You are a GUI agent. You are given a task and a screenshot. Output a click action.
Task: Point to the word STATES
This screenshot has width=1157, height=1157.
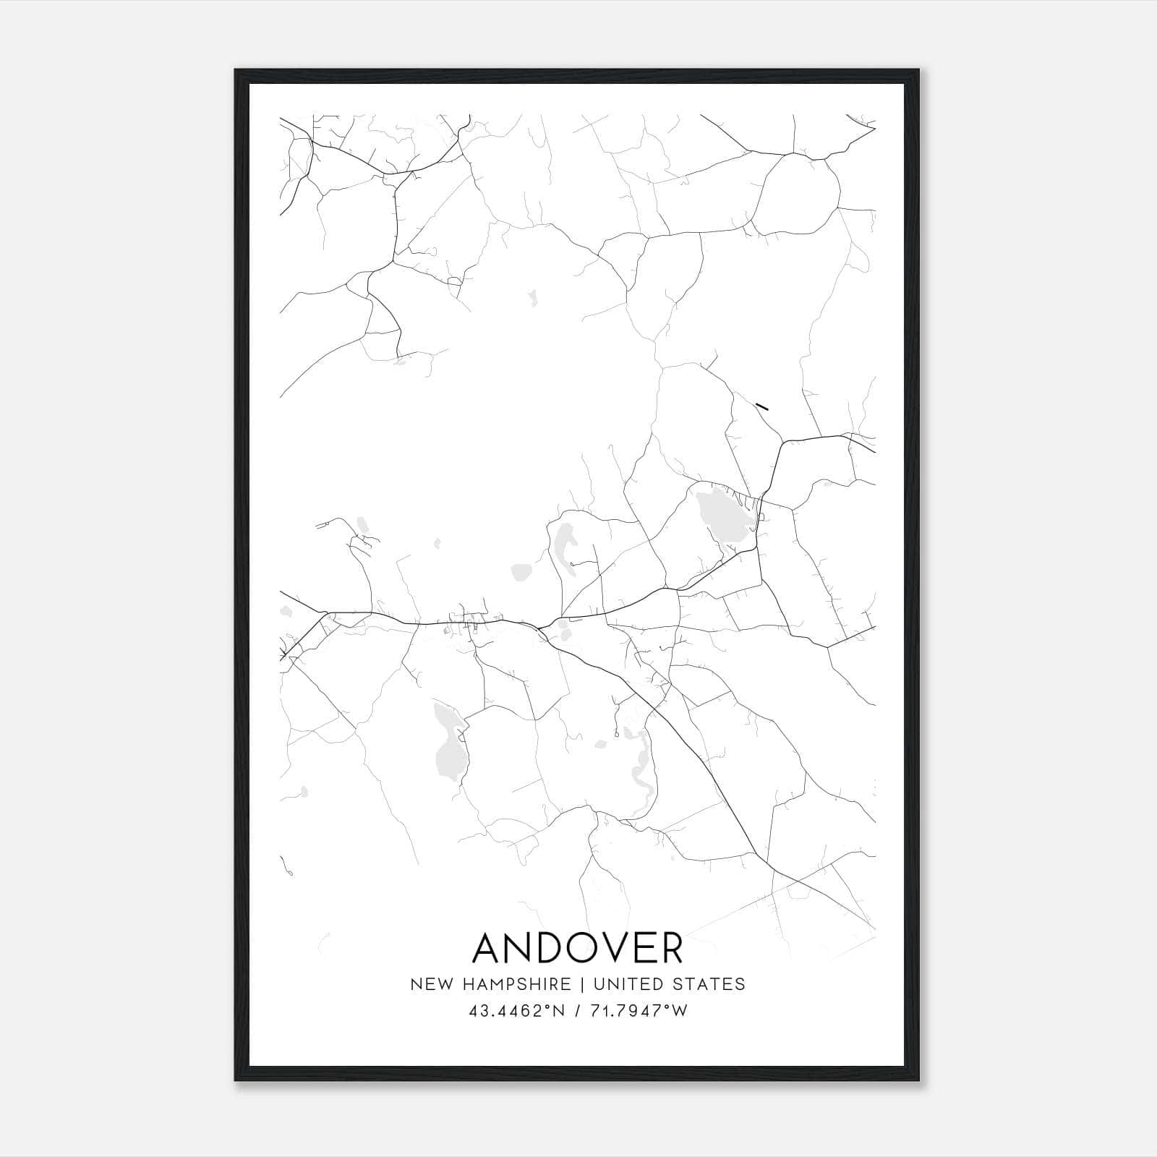[x=709, y=984]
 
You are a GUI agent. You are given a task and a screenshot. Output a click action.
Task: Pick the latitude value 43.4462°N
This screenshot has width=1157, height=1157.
[x=516, y=1011]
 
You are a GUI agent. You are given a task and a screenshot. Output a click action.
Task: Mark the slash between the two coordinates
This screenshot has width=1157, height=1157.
[x=578, y=1011]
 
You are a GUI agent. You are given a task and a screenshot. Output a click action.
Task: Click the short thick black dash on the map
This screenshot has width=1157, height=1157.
[x=761, y=406]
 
